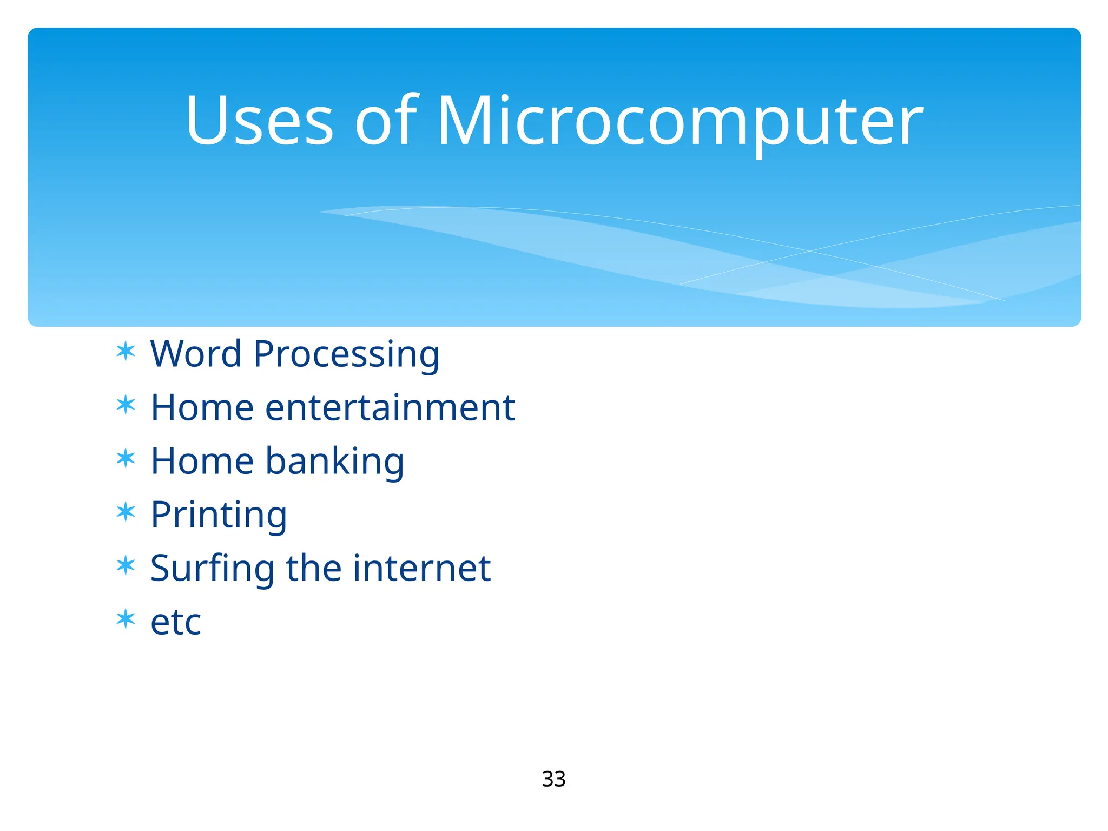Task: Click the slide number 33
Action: (553, 779)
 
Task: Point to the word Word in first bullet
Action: (195, 354)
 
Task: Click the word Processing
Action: (346, 355)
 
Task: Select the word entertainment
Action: (390, 407)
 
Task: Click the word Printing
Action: (219, 515)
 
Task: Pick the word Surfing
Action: (212, 569)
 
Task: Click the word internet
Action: (421, 568)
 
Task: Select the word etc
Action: (176, 622)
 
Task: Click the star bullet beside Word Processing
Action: (126, 352)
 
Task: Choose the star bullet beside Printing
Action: (126, 512)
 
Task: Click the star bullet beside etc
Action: (126, 619)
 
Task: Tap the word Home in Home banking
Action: (202, 461)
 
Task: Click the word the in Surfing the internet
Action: (313, 568)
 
